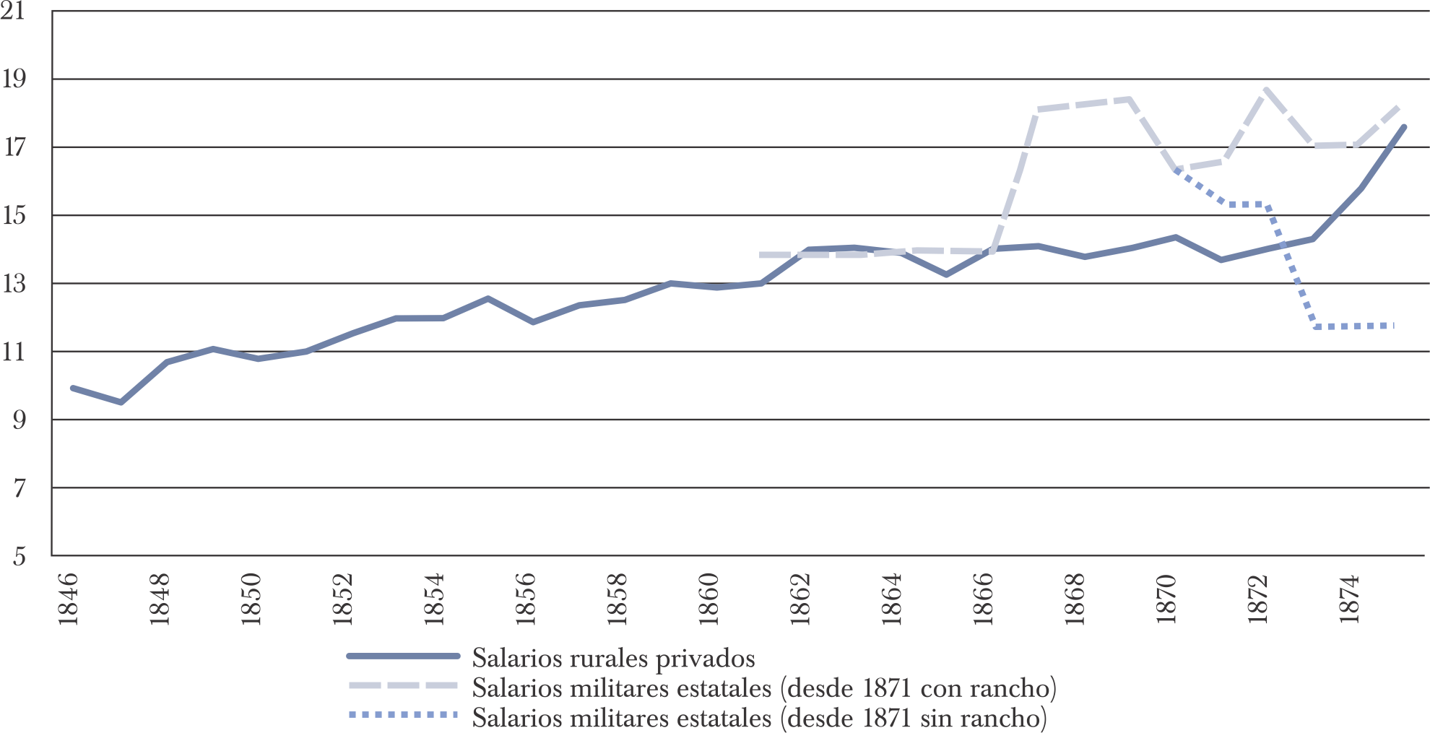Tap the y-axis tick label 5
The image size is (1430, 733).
point(18,556)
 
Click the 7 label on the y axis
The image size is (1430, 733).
point(18,488)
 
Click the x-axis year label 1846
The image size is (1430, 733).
point(67,599)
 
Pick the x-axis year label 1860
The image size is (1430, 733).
point(708,599)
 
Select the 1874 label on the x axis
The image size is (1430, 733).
point(1349,599)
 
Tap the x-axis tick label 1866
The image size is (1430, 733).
point(983,599)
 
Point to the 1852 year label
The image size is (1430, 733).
point(342,599)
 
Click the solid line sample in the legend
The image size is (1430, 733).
point(403,656)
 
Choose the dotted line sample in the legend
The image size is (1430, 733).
point(403,716)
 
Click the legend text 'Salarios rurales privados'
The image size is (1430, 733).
point(613,658)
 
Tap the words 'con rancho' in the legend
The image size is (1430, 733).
point(986,688)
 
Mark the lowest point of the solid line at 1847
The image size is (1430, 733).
point(121,402)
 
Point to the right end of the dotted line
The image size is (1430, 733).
point(1392,326)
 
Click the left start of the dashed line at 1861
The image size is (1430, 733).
point(761,255)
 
